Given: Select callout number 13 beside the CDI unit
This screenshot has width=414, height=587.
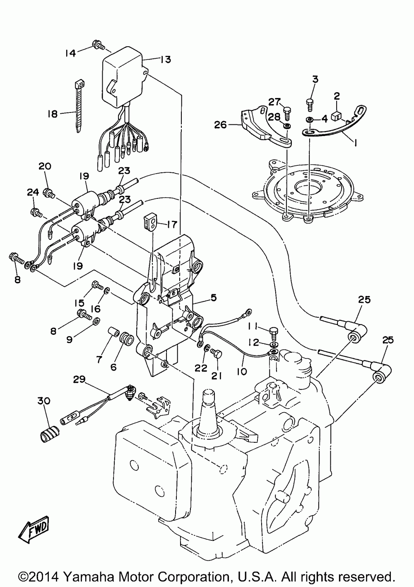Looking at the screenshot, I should tap(165, 60).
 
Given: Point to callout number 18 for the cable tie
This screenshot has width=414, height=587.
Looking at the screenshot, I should tap(53, 113).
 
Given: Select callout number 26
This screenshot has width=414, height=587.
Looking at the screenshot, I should tap(221, 124).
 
